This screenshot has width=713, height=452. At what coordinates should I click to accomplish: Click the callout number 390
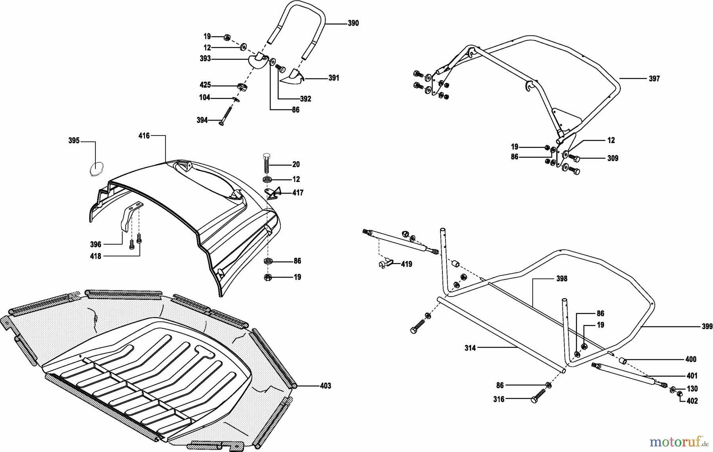[x=353, y=23]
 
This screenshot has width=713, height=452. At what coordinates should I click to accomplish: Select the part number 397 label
[x=654, y=79]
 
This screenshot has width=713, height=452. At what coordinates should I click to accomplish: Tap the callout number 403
[x=325, y=386]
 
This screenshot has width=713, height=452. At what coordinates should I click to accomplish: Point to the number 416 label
[x=144, y=136]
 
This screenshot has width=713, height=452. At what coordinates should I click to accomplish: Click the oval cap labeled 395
[x=96, y=169]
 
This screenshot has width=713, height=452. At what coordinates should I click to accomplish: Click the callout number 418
[x=95, y=256]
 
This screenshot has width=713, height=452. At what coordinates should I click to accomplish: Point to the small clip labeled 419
[x=385, y=263]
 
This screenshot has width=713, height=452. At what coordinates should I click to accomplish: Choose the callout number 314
[x=470, y=348]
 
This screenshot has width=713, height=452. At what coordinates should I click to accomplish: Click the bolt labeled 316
[x=537, y=397]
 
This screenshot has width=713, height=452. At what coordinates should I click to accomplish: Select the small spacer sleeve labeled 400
[x=623, y=360]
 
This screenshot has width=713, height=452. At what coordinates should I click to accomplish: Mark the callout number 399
[x=707, y=327]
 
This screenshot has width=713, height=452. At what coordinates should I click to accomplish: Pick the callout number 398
[x=562, y=279]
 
